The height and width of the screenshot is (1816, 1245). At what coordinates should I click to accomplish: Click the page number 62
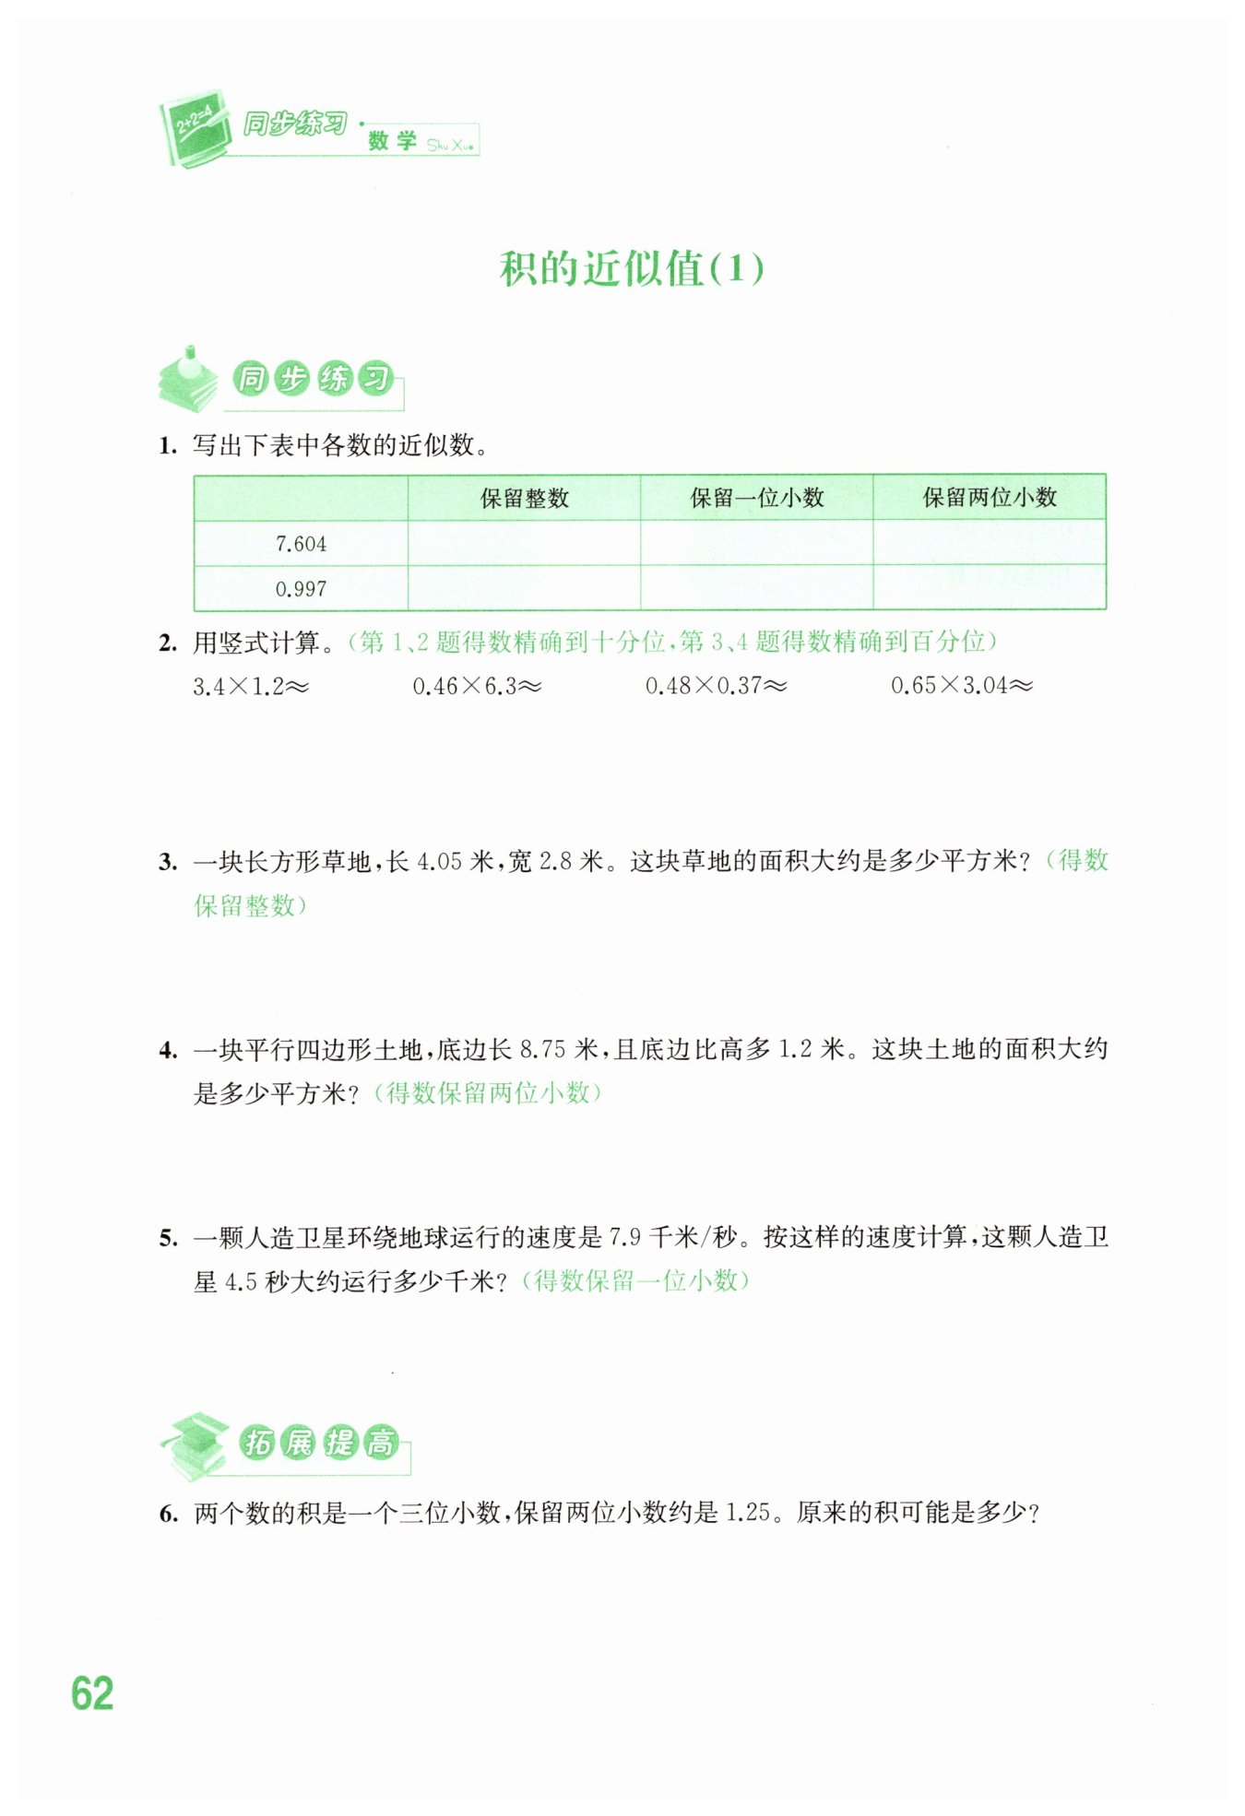coord(92,1693)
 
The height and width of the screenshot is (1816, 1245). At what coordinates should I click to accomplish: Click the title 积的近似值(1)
coord(632,269)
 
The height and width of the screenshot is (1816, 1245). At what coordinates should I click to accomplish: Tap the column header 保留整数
coord(524,499)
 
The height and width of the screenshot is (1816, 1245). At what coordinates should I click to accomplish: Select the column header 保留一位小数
coord(756,499)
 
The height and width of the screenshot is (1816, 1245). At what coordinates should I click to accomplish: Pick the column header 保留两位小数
coord(989,498)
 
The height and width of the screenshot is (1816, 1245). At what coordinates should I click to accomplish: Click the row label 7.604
coord(301,544)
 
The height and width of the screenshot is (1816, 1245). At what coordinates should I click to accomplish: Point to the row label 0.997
coord(301,589)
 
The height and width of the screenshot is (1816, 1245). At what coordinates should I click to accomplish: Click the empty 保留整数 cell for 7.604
coord(524,544)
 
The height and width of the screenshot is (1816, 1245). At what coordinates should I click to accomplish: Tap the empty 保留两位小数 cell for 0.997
coord(989,588)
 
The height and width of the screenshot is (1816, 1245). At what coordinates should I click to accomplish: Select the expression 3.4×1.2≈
coord(250,687)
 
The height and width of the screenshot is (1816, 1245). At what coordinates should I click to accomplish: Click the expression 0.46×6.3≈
coord(476,687)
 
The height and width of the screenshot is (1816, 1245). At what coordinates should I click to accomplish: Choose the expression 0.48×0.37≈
coord(716,686)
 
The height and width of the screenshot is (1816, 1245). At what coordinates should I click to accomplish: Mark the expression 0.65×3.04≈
coord(961,686)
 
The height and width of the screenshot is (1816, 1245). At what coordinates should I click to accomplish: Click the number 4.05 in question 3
coord(439,862)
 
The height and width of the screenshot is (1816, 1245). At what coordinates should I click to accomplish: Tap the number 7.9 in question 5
coord(624,1237)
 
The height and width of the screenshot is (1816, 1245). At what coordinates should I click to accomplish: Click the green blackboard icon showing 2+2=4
coord(195,128)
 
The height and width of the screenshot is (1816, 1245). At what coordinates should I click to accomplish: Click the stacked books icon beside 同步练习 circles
coord(188,380)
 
